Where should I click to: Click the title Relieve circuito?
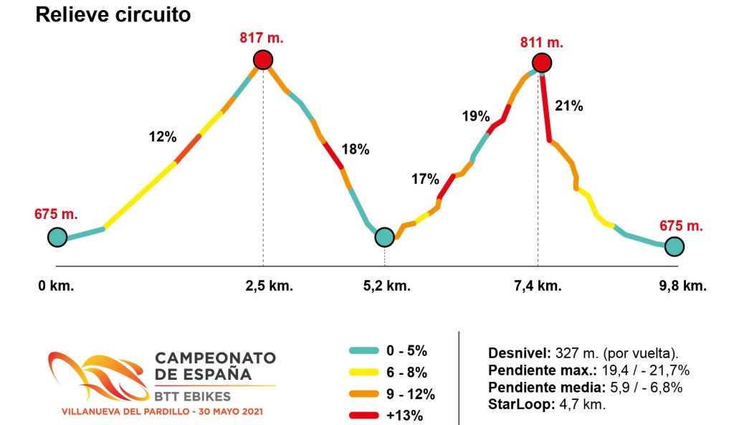tap(113, 15)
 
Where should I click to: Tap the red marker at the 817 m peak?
tap(263, 59)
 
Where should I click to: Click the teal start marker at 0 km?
tap(57, 237)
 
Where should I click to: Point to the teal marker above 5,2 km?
tap(384, 237)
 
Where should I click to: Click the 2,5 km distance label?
tap(270, 286)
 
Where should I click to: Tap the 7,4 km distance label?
tap(537, 286)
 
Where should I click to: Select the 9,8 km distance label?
tap(683, 286)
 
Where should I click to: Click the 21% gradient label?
tap(569, 106)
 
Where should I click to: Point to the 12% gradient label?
tap(162, 136)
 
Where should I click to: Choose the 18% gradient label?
tap(355, 149)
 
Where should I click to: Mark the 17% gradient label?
tap(425, 179)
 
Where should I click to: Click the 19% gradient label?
tap(476, 116)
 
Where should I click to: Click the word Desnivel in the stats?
tap(517, 353)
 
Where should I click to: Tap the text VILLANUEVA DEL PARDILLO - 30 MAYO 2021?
tap(163, 412)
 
